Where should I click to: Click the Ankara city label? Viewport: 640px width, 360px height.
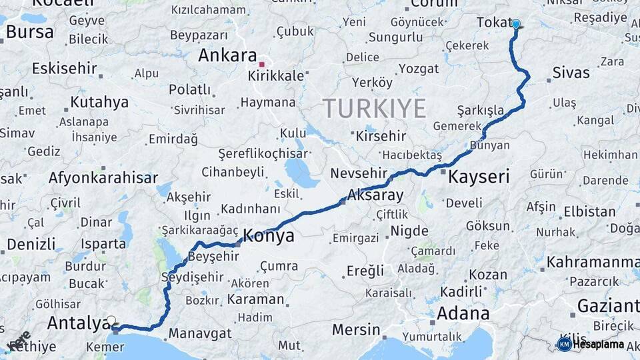point(227,55)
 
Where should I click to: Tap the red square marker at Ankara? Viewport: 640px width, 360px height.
point(262,65)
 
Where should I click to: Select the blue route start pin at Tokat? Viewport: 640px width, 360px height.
point(515,24)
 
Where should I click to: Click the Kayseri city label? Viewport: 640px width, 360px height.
point(479,177)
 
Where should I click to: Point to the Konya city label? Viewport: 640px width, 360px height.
point(268,235)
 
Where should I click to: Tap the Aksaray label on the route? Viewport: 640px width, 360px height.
point(375,195)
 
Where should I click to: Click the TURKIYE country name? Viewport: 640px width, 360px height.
point(374,107)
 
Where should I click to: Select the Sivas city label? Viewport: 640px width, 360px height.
point(571,72)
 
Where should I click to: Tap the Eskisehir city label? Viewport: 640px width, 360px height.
point(64,68)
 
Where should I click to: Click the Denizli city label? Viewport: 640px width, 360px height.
point(31,244)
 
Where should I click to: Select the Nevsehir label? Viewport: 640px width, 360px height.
point(359,173)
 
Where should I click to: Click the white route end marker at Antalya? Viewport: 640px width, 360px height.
point(111,320)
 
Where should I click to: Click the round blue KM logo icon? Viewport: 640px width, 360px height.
point(564,344)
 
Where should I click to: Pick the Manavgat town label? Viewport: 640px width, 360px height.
point(199,333)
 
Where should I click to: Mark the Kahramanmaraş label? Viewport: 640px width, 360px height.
point(593,262)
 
